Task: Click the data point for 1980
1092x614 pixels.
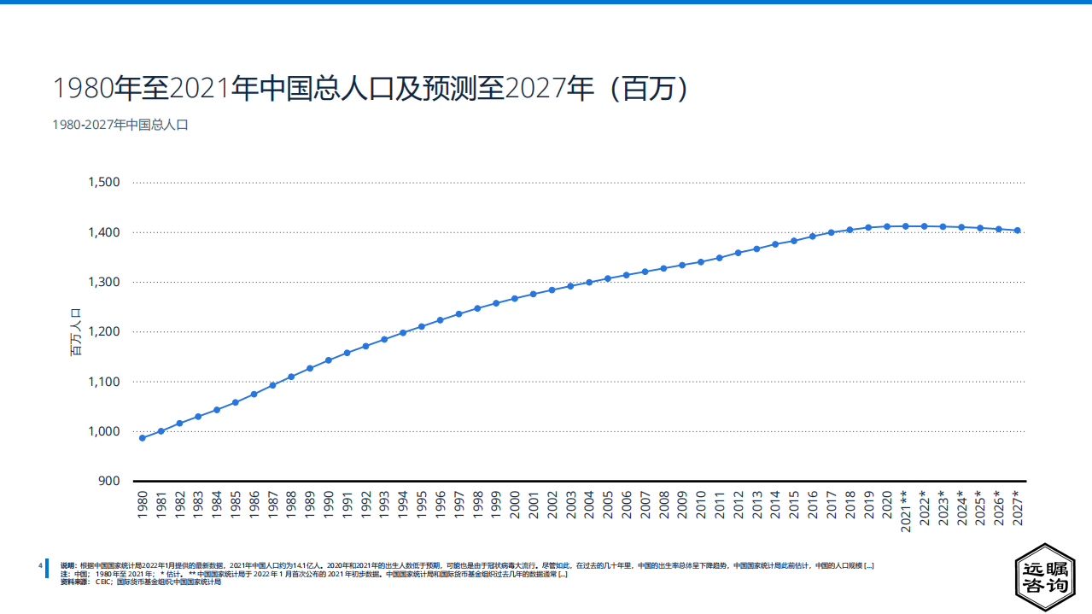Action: [142, 438]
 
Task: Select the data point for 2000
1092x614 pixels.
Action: [515, 299]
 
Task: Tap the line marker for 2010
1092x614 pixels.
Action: [701, 262]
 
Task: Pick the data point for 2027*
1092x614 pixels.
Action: [1018, 231]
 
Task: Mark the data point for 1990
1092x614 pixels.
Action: [329, 360]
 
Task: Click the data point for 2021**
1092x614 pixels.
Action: [906, 226]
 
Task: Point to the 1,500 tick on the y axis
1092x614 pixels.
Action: [104, 183]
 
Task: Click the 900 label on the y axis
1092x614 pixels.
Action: [110, 481]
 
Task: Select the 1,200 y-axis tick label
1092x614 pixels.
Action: [104, 331]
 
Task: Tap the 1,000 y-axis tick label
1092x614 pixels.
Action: [104, 431]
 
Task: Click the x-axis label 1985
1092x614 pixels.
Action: [236, 505]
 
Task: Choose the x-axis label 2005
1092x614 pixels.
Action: [608, 505]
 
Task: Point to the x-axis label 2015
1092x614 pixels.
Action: [794, 505]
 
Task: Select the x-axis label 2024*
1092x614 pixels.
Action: [962, 509]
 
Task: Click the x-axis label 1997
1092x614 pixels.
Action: [459, 505]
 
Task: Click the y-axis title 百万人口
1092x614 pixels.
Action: [74, 332]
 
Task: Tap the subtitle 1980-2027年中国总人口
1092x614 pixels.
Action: [120, 125]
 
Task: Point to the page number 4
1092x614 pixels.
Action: [40, 565]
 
